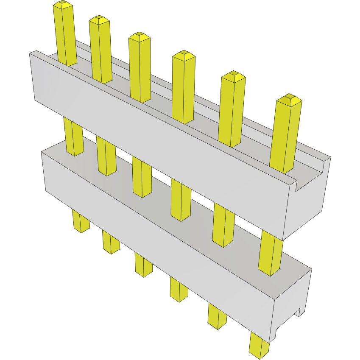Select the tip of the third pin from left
pyautogui.click(x=140, y=36)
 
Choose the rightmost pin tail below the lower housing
pyautogui.click(x=259, y=343)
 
